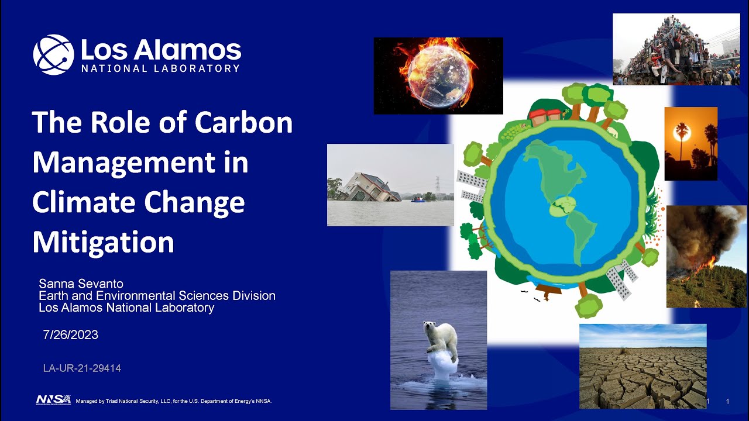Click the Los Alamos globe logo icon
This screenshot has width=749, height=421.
[53, 54]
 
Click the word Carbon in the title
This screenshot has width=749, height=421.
[243, 122]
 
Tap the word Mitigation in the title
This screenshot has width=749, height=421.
[103, 242]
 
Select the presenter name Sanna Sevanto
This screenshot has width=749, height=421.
[81, 284]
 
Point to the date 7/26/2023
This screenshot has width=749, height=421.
[70, 335]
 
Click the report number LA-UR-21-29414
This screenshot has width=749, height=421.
[82, 368]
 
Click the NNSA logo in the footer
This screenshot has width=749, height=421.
[53, 400]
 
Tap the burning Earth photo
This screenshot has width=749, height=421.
[438, 75]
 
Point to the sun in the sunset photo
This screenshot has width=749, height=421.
[682, 133]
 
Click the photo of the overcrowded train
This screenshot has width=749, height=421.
[676, 50]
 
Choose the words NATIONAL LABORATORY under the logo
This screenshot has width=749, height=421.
[160, 68]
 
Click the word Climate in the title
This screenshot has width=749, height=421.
[82, 202]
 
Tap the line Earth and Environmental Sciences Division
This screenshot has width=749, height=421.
[157, 296]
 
